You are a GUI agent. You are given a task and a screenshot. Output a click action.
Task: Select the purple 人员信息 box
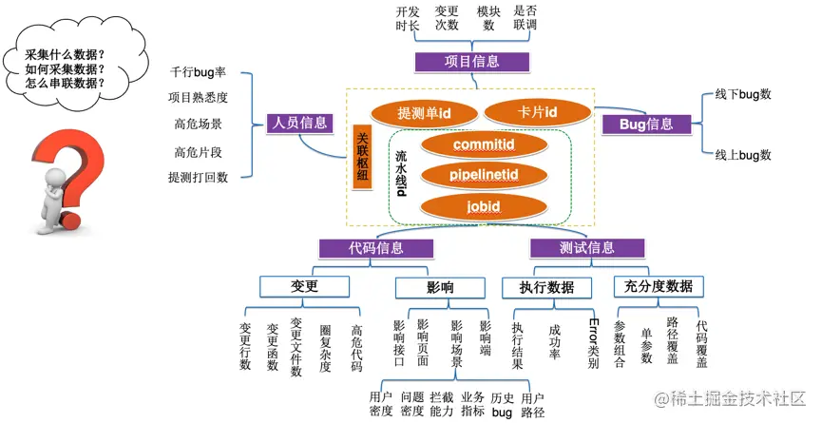(298, 122)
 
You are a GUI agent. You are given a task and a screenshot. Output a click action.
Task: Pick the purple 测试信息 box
(586, 248)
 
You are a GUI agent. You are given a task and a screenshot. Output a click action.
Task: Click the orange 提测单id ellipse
(423, 113)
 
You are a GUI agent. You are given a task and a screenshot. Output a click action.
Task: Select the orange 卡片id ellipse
(537, 113)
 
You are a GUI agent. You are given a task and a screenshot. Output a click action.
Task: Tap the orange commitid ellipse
(484, 144)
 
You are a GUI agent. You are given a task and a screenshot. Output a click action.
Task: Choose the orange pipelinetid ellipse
(484, 175)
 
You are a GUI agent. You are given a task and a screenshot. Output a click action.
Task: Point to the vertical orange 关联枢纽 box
(361, 158)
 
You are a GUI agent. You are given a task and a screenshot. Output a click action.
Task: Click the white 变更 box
(304, 287)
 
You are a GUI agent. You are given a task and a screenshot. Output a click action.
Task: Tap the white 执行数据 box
(546, 287)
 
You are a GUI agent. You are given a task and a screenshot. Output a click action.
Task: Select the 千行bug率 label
(199, 72)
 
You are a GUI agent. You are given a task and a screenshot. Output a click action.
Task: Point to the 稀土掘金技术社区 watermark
(733, 397)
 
